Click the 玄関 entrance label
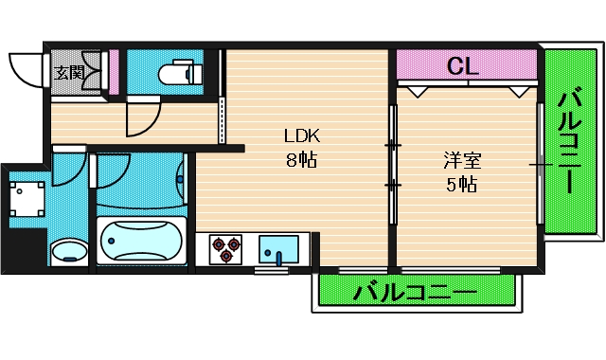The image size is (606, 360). coord(67,71)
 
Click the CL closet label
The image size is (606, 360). coord(462,66)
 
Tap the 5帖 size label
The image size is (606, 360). coord(462,184)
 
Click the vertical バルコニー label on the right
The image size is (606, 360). coord(569,140)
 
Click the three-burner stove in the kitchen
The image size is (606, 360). coord(227,248)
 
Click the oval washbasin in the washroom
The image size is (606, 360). coord(68,252)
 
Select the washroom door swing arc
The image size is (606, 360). coord(68,171)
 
